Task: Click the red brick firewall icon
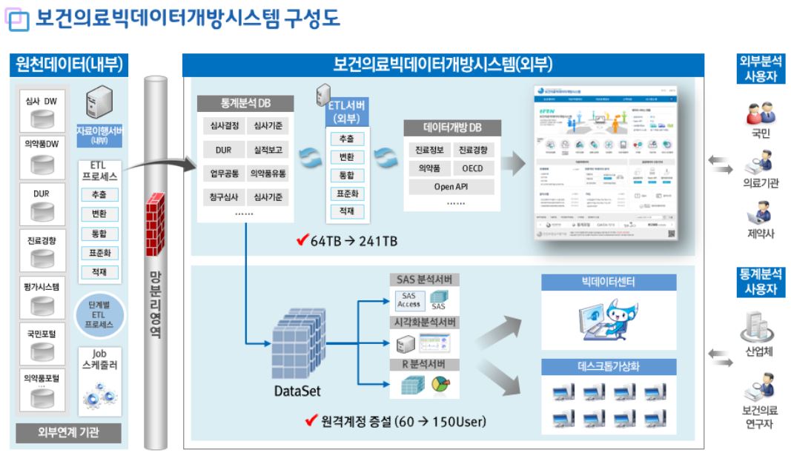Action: [x=155, y=215]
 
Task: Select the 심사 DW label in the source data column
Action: [x=42, y=101]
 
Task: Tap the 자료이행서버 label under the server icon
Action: [x=99, y=133]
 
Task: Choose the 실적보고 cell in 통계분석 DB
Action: [x=268, y=150]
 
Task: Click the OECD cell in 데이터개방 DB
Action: [x=472, y=168]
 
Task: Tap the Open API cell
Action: [x=451, y=187]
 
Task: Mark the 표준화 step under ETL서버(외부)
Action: [x=346, y=194]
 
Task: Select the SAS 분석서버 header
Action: [x=424, y=280]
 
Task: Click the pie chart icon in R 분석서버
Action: [x=440, y=386]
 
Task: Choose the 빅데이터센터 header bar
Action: [x=609, y=282]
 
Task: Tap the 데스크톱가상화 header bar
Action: [x=609, y=366]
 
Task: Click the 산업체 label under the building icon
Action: [x=759, y=352]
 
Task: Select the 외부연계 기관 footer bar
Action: [x=68, y=432]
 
